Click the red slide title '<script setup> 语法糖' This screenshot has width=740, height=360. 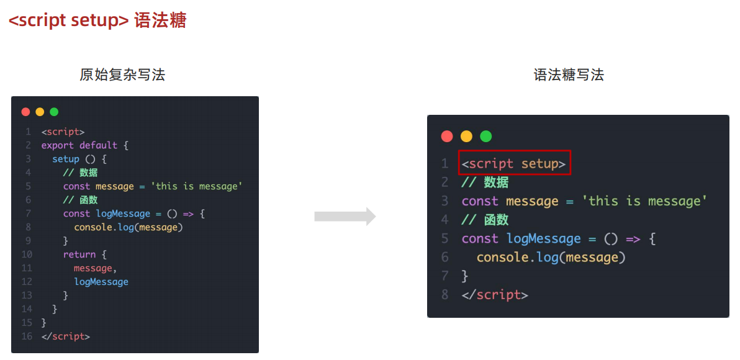[97, 20]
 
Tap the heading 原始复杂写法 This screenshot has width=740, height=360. [122, 75]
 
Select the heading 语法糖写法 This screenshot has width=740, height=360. [569, 75]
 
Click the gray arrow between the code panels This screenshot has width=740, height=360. [345, 217]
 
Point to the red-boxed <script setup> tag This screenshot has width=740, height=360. [514, 164]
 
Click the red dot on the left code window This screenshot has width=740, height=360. [25, 112]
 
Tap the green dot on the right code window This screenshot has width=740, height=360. [485, 136]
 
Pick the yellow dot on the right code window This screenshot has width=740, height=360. [466, 136]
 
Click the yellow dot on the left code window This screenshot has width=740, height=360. [40, 112]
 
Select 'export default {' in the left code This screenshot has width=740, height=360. [84, 145]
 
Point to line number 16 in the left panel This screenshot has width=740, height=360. [26, 336]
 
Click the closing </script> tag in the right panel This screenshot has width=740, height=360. [495, 295]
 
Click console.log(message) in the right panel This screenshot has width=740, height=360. [551, 258]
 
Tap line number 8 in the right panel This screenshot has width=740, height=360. [444, 295]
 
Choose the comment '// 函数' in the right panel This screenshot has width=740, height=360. [485, 220]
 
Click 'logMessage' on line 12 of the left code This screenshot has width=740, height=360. [101, 282]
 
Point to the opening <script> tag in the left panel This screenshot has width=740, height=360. [63, 132]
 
